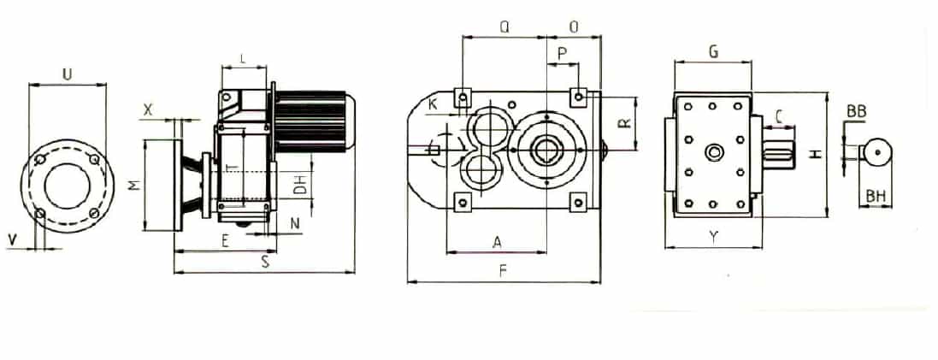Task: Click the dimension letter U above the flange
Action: click(x=68, y=74)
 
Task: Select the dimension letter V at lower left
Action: click(x=12, y=239)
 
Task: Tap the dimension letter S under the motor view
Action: click(x=265, y=263)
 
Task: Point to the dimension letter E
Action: click(x=225, y=241)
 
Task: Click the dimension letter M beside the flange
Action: click(x=136, y=185)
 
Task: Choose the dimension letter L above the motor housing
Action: click(x=242, y=59)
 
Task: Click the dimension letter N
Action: click(x=295, y=224)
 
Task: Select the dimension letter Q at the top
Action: click(x=504, y=27)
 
